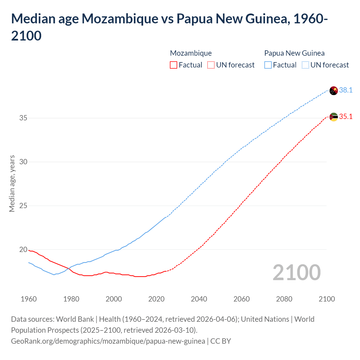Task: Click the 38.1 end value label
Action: pos(346,90)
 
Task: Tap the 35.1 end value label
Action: pos(346,116)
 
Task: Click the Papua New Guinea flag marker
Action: pos(334,91)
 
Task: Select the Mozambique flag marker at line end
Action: pos(334,117)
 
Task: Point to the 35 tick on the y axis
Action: pos(23,118)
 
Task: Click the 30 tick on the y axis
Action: pos(23,162)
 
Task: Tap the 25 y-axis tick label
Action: pos(23,206)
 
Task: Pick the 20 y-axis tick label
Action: pos(23,249)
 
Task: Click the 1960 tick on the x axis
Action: pos(29,299)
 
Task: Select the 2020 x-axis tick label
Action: pos(156,299)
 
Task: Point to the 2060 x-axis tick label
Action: pos(242,299)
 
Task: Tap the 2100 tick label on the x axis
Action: pos(327,299)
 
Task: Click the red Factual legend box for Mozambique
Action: pos(174,65)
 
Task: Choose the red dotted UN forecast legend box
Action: pos(211,65)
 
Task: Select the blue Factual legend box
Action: pos(268,65)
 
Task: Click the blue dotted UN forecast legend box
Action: pos(305,65)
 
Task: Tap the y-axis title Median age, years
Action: pos(12,183)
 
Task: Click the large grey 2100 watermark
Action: pos(296,272)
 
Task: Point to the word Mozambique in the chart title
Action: pos(120,19)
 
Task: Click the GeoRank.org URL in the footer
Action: pos(108,341)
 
